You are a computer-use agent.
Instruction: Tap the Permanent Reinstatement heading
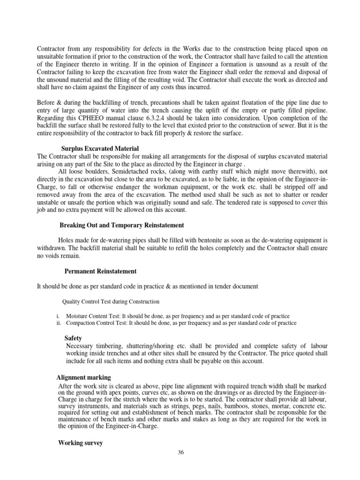point(100,271)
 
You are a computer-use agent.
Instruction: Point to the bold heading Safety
point(73,338)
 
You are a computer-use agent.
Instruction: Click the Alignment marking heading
point(83,377)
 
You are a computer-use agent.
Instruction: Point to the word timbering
point(108,345)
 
